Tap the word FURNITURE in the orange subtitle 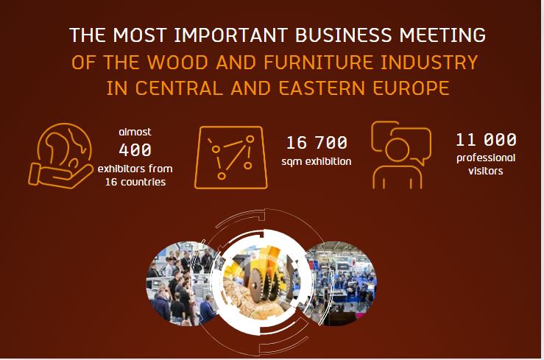[319, 63]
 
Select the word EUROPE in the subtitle [411, 88]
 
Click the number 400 [135, 150]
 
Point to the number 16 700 [317, 143]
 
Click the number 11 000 [486, 140]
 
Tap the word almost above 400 [135, 132]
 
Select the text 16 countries [135, 182]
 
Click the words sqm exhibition [317, 162]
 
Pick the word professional [486, 158]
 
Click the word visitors [485, 171]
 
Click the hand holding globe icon [61, 156]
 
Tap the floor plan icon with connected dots [231, 158]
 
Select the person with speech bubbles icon [401, 155]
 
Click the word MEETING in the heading [442, 35]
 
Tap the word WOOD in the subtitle [177, 63]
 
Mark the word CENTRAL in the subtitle [179, 88]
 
